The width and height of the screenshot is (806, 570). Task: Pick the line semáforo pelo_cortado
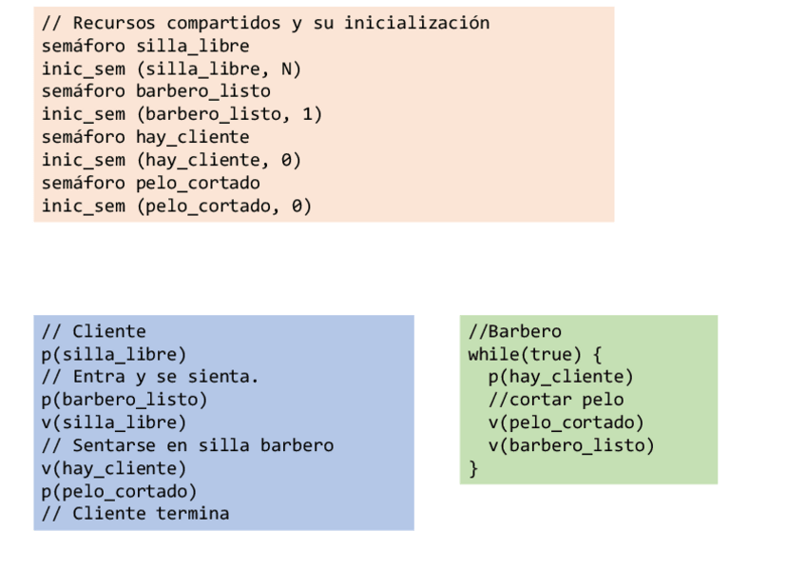[150, 183]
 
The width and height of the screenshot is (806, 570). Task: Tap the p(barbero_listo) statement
[125, 400]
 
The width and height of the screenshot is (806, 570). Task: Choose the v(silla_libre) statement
[114, 423]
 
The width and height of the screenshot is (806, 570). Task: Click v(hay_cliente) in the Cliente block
[114, 468]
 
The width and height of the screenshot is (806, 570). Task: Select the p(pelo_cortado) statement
[119, 491]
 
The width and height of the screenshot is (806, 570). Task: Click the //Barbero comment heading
[514, 331]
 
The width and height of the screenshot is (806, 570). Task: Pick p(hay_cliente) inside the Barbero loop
[561, 377]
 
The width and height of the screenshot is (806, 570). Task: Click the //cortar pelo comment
[556, 400]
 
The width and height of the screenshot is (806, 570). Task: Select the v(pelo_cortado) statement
[566, 423]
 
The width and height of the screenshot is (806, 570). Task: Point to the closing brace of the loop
[473, 468]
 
